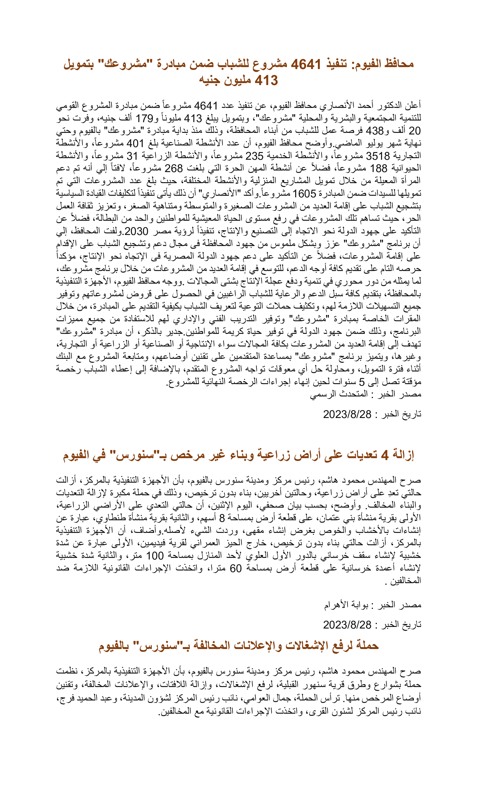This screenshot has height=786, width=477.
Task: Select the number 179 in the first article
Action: pos(145,118)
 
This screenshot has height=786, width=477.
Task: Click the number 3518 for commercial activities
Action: pos(377,156)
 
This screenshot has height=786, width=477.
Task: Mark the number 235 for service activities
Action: pos(254,156)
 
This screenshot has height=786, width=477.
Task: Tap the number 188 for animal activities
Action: pos(378,168)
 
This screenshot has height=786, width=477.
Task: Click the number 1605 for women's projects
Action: pos(304,194)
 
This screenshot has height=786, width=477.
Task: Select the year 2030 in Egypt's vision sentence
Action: pos(136,231)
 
